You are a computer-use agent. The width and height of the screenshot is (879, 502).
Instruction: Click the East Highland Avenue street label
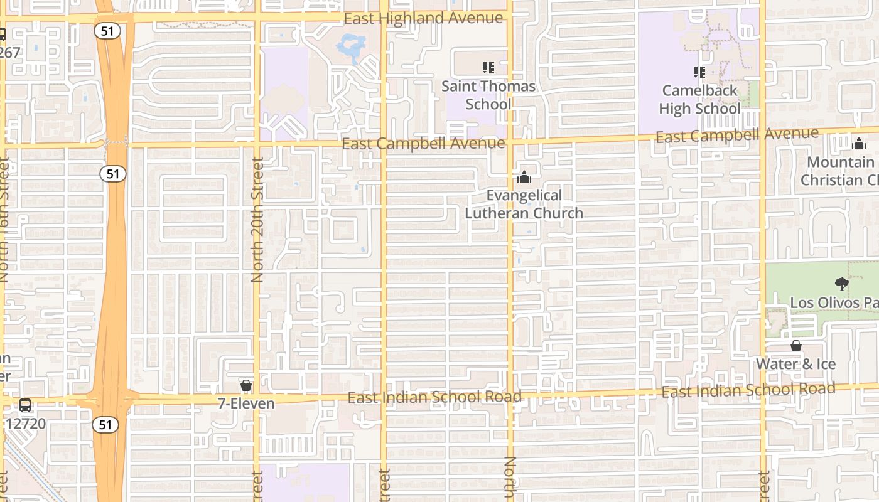(x=423, y=19)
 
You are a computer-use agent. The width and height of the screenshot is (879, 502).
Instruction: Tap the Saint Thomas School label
(x=488, y=95)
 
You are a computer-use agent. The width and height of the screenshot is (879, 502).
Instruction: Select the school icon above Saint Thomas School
(x=488, y=67)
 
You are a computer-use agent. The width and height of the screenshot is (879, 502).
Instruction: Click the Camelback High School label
(x=699, y=100)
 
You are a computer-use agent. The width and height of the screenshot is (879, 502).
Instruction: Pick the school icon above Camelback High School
(x=699, y=72)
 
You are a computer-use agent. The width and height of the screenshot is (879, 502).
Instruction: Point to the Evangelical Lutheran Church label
(x=524, y=205)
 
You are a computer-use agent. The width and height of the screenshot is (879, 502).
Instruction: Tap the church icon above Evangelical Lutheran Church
(x=524, y=177)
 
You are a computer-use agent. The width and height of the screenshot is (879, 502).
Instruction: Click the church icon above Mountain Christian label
(x=858, y=143)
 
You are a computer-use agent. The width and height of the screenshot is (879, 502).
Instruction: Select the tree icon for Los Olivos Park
(x=841, y=284)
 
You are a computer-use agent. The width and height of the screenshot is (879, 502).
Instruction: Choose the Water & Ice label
(x=795, y=364)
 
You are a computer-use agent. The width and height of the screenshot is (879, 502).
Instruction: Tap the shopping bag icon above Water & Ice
(x=795, y=346)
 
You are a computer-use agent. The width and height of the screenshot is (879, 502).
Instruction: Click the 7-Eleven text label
(x=246, y=403)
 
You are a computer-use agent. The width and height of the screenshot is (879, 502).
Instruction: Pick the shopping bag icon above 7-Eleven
(x=246, y=385)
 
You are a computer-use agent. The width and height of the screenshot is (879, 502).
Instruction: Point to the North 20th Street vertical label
(x=257, y=220)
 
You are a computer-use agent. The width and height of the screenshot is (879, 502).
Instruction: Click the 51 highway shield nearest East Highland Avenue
(x=108, y=31)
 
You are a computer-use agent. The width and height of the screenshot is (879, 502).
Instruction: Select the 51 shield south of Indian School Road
(x=105, y=425)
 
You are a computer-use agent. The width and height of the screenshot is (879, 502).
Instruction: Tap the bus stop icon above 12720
(x=25, y=405)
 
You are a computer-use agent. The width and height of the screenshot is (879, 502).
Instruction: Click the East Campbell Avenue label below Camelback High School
(x=736, y=134)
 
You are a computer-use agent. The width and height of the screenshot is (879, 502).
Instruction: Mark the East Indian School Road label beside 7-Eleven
(x=434, y=397)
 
